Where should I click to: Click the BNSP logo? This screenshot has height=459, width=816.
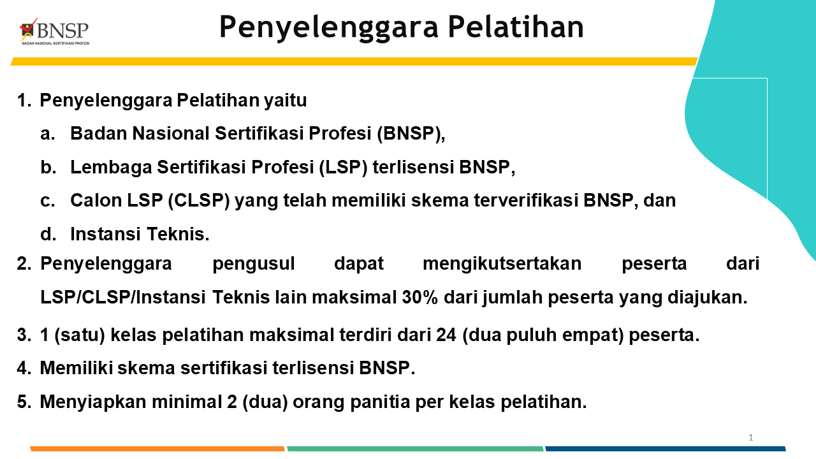[x=54, y=32]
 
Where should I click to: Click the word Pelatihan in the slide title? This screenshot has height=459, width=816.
[x=516, y=27]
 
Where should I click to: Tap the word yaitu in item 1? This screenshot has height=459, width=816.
[x=285, y=101]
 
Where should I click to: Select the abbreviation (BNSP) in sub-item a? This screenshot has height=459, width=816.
[x=408, y=133]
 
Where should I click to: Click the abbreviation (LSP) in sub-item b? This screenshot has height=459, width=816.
[x=343, y=167]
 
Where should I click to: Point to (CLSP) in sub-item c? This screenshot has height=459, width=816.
[x=199, y=200]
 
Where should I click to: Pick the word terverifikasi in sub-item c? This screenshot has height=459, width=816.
[x=526, y=200]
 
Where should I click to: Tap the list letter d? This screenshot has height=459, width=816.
[x=48, y=234]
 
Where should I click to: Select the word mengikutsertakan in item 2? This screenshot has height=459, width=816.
[x=502, y=264]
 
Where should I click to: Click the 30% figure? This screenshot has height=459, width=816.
[x=419, y=297]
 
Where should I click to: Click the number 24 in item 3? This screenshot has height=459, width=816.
[x=446, y=335]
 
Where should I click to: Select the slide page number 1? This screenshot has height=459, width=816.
[x=751, y=437]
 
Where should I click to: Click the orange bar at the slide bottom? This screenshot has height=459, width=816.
[x=157, y=449]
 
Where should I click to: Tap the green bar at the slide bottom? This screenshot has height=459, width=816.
[x=415, y=449]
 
